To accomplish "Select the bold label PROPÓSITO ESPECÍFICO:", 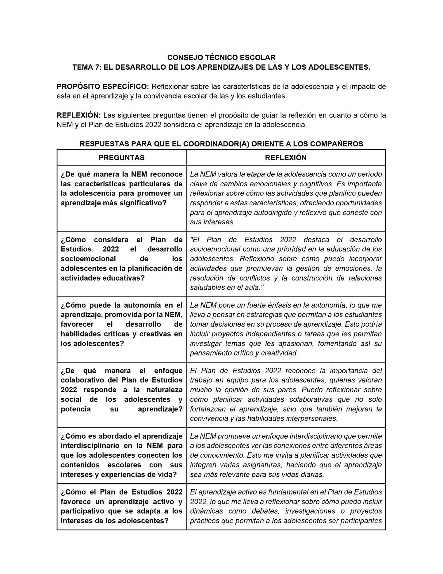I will coord(103,87).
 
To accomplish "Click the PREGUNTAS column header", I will coord(122,158).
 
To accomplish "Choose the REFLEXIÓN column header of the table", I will coord(286,158).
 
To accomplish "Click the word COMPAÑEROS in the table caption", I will coord(338,144).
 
